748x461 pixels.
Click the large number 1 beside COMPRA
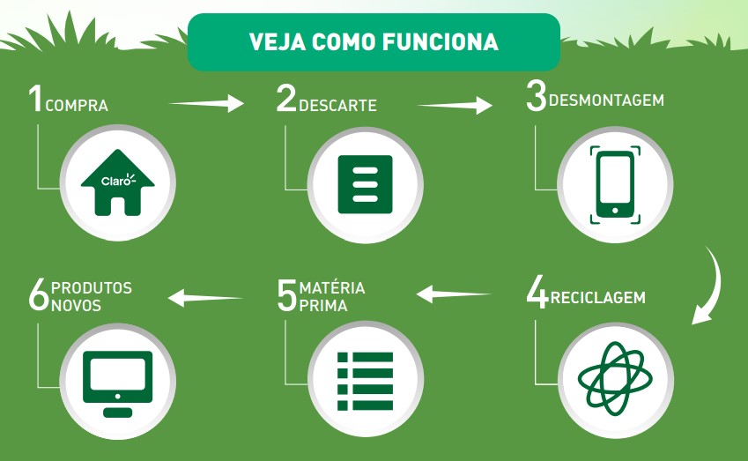35,98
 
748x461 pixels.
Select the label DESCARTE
337,105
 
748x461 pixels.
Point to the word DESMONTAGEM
606,100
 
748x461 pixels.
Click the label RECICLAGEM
597,297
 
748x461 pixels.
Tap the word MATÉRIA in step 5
332,287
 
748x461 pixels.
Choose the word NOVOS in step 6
77,306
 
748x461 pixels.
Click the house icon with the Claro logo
117,182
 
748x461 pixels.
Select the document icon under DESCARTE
365,184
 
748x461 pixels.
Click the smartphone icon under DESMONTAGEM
615,185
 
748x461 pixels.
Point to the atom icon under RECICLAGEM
615,378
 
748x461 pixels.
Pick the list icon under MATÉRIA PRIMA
365,382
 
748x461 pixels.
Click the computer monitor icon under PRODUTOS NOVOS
117,384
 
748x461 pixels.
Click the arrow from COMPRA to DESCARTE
206,103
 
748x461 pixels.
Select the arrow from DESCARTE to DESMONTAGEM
455,106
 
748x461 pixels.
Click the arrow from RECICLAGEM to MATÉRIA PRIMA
454,294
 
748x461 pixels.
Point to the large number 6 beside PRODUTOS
38,295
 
